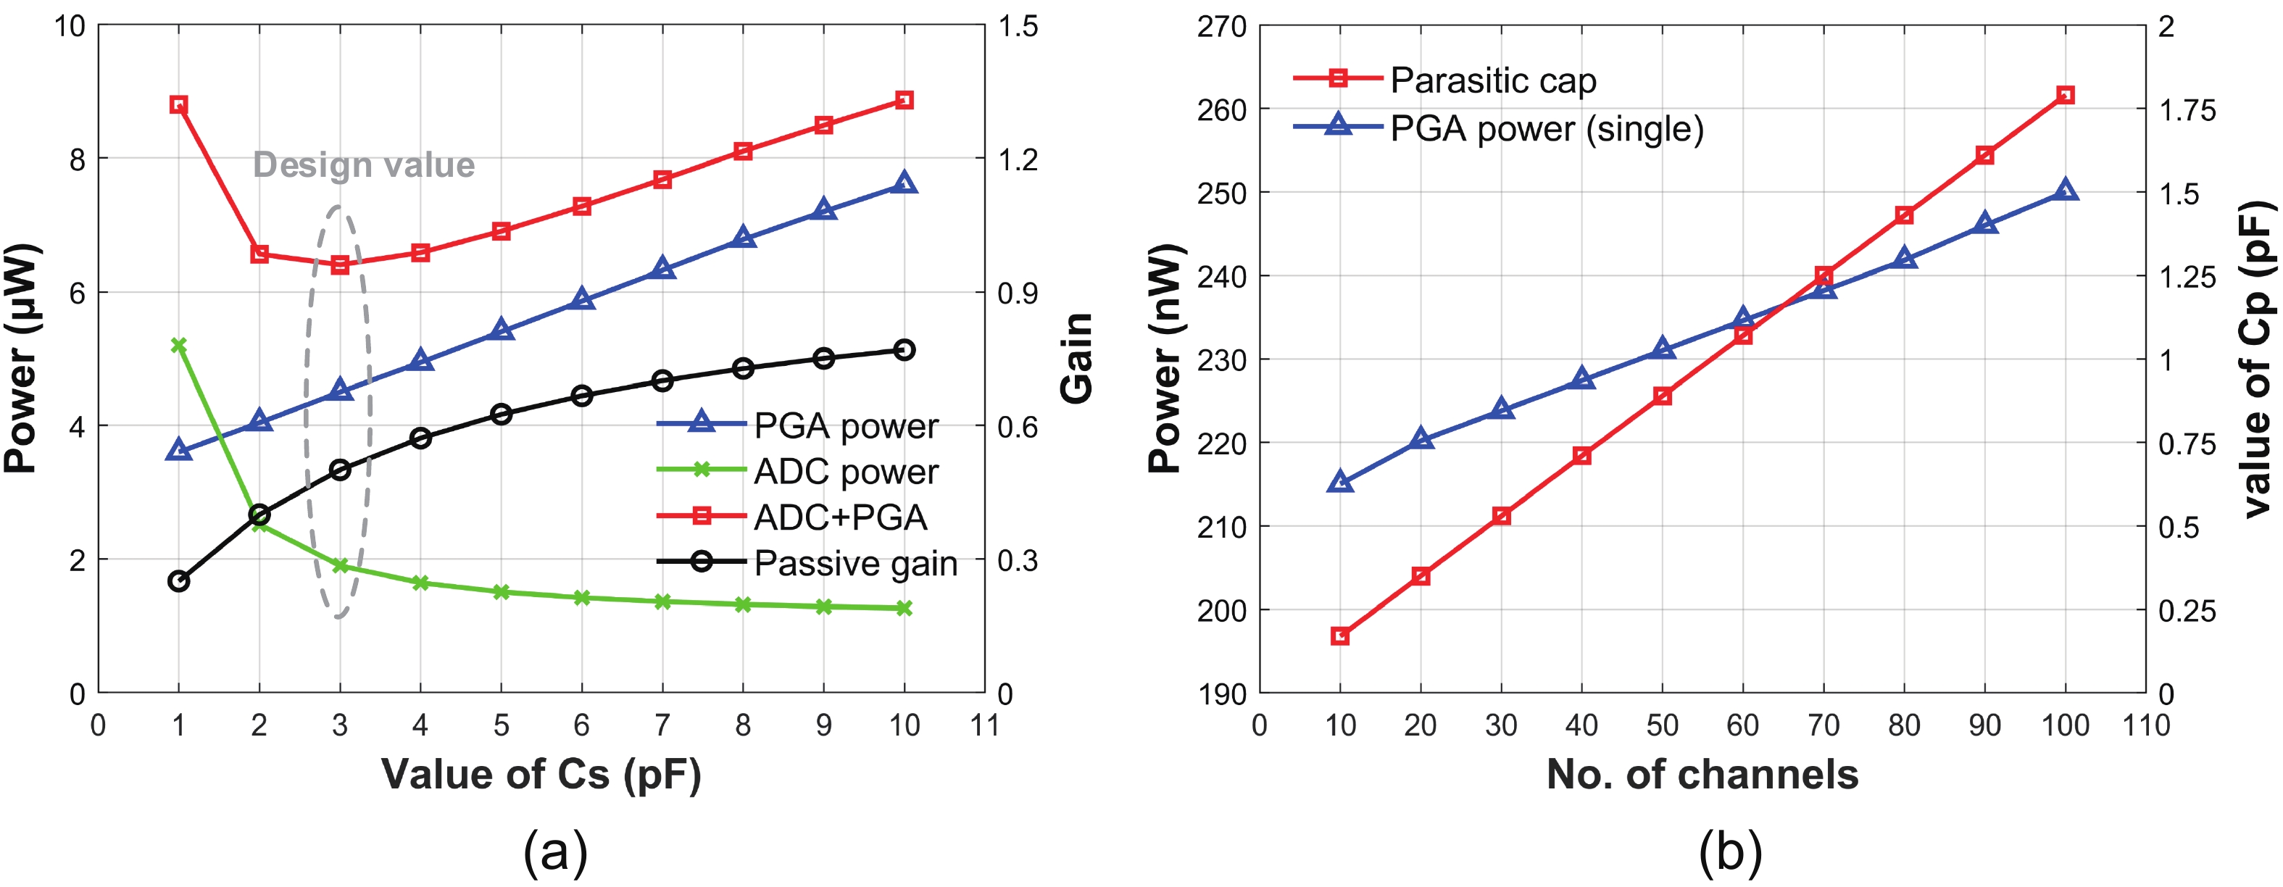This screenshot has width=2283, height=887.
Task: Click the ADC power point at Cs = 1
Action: (x=178, y=345)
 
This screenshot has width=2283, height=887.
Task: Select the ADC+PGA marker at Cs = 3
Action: (x=339, y=264)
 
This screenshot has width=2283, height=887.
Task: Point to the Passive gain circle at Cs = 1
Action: (x=178, y=581)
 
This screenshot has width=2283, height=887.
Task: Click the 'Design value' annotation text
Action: (x=363, y=165)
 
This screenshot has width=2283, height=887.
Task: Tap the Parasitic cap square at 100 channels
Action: (x=2065, y=95)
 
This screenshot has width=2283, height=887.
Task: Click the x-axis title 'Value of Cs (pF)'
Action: (x=541, y=775)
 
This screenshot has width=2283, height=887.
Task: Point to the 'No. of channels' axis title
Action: (x=1702, y=775)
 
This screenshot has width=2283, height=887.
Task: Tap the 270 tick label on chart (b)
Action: (x=1221, y=27)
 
